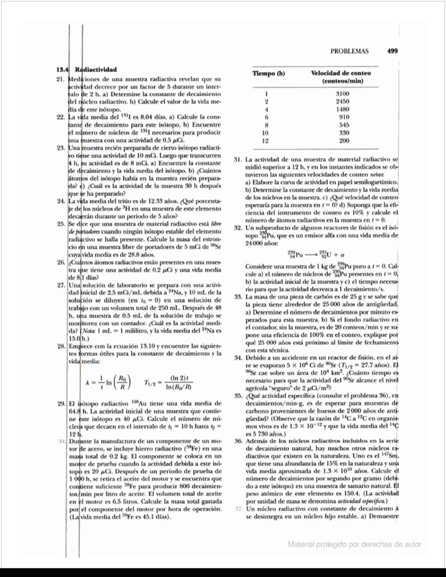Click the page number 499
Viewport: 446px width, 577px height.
tap(393, 52)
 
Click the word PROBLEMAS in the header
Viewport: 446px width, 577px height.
tap(349, 52)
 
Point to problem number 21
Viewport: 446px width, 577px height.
tap(61, 79)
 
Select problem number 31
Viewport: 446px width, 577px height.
tap(237, 160)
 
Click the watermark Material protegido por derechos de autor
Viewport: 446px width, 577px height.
tap(354, 544)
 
